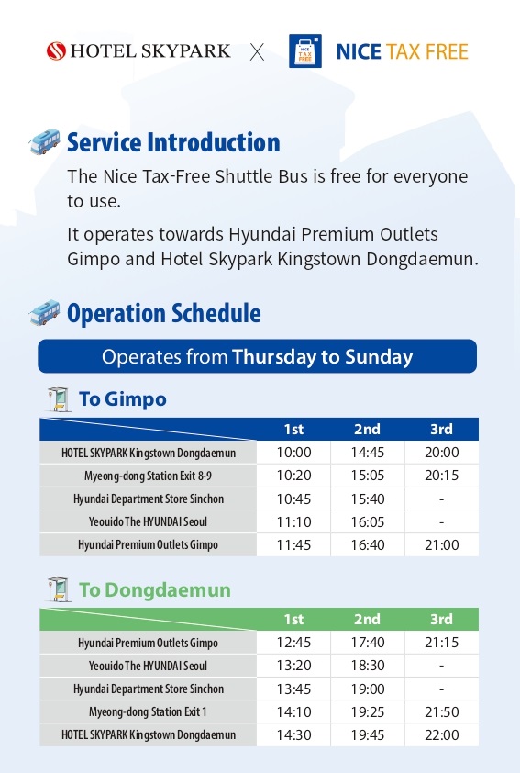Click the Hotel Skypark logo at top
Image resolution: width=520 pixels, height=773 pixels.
(x=138, y=51)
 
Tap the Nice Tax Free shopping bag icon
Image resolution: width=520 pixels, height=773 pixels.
(x=304, y=51)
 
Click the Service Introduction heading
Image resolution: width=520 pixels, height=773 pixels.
(x=173, y=142)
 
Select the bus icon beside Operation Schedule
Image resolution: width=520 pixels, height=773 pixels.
(x=44, y=313)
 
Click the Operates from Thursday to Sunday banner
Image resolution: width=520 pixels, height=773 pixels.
(x=257, y=356)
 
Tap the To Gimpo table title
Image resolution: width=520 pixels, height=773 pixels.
(x=122, y=399)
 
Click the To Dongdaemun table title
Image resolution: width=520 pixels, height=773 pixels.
(x=154, y=589)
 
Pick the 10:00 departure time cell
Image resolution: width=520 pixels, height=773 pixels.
(x=293, y=453)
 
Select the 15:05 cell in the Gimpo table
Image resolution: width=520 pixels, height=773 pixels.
(x=367, y=476)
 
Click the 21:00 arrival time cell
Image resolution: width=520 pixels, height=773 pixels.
(x=441, y=545)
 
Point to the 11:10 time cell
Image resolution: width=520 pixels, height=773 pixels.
(x=293, y=521)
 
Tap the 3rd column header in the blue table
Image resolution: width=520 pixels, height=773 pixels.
(x=441, y=429)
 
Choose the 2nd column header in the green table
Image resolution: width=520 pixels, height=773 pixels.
(x=367, y=619)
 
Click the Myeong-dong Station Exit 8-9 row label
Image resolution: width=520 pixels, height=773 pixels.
(x=149, y=476)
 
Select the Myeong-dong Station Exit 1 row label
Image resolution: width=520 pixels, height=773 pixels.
(x=149, y=711)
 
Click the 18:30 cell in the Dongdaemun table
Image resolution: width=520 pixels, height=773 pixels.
(x=367, y=666)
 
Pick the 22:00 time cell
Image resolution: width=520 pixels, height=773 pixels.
(x=441, y=734)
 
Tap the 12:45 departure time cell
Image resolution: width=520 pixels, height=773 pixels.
(x=293, y=643)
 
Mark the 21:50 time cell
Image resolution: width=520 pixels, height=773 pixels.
(x=441, y=711)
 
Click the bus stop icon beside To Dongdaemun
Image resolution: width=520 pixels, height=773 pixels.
(x=58, y=588)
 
